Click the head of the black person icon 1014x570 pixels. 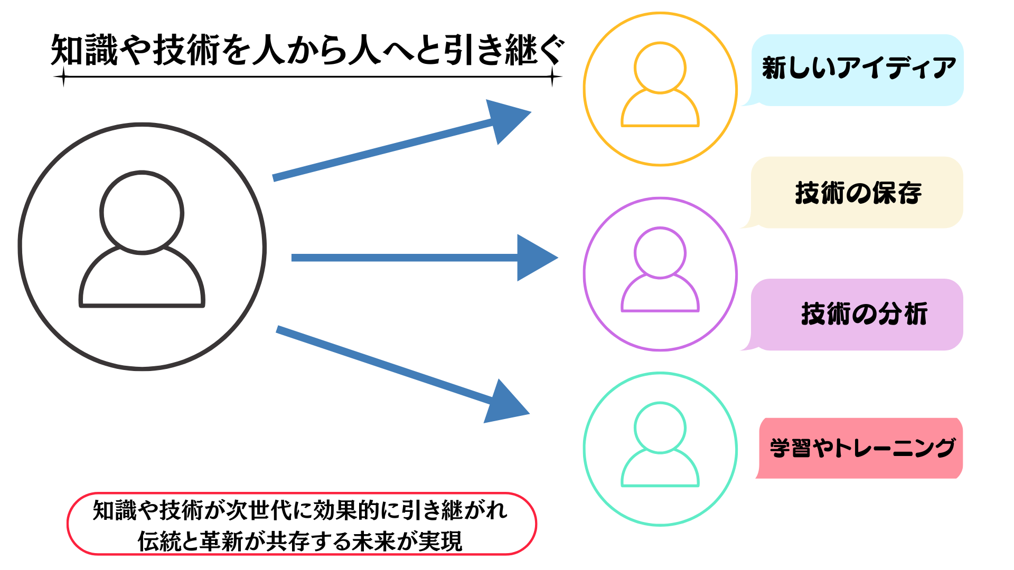point(142,213)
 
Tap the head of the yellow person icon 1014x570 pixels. point(660,68)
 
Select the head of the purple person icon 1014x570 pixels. point(660,253)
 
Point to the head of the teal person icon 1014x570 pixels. point(660,427)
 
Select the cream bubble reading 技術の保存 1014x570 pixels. point(858,192)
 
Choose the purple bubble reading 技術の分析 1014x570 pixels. point(858,314)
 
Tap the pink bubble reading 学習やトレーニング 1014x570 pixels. point(861,448)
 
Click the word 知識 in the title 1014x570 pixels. point(84,51)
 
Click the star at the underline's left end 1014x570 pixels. point(63,77)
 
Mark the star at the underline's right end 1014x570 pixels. point(552,77)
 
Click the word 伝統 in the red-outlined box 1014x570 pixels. point(153,541)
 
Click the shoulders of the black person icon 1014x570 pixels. point(142,280)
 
